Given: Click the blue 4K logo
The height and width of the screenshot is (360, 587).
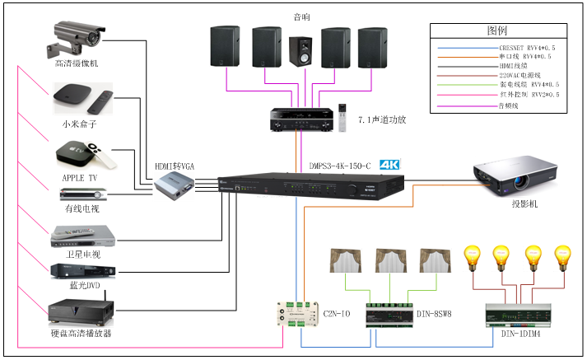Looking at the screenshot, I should [389, 165].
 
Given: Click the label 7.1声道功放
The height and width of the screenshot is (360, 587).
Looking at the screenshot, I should [382, 120].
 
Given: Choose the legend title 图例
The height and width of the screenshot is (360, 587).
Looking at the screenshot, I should [499, 30].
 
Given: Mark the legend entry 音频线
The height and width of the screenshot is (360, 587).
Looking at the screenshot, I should [511, 105].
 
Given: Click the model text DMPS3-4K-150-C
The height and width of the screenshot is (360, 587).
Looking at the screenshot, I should [340, 165].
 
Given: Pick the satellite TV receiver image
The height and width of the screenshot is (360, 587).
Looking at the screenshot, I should [80, 236].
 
